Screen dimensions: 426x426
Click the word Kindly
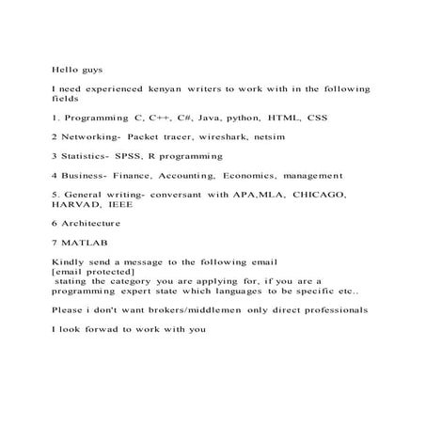point(69,260)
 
